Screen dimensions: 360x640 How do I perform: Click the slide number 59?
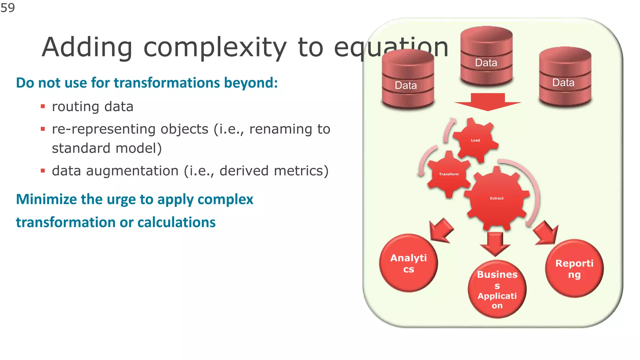click(x=7, y=7)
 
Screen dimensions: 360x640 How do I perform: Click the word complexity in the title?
click(x=215, y=47)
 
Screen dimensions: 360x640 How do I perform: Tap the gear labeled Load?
click(x=475, y=140)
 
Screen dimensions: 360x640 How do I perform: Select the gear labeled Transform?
click(x=449, y=174)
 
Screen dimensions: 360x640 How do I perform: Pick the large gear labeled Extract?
click(x=497, y=198)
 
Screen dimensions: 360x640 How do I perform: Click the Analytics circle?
click(x=408, y=263)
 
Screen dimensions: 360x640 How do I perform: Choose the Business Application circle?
click(x=497, y=289)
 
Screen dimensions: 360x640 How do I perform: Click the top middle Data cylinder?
click(x=486, y=56)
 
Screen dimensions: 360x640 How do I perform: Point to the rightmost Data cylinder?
click(x=565, y=77)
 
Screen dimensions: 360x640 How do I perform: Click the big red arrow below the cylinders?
click(x=488, y=102)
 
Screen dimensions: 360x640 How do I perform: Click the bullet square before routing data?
click(x=43, y=107)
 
